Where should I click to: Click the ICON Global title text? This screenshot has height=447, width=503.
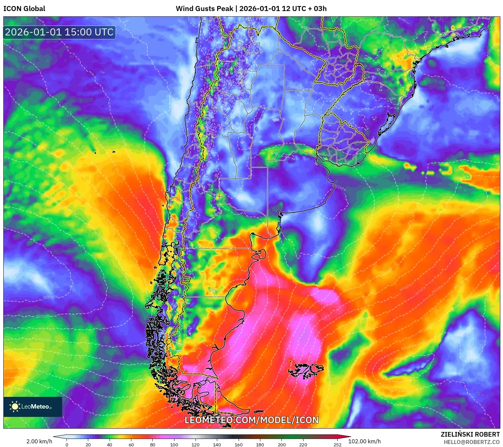(24, 9)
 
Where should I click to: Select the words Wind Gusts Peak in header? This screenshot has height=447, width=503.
(204, 9)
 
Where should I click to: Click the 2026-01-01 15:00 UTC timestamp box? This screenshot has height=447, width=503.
(59, 32)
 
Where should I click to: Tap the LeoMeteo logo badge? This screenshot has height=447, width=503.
(33, 407)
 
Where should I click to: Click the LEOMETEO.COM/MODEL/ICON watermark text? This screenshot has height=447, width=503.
(251, 420)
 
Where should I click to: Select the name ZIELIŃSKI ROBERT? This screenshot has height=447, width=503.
(470, 434)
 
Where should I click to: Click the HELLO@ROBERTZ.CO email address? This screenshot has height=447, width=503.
(471, 442)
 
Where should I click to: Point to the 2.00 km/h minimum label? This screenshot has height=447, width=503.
(39, 441)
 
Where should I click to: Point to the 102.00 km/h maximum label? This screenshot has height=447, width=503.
(364, 441)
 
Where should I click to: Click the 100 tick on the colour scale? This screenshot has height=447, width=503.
(174, 445)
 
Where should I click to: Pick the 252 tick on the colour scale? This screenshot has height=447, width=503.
(337, 445)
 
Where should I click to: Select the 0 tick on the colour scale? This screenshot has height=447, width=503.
(67, 445)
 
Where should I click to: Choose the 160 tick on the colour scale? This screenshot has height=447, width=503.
(238, 445)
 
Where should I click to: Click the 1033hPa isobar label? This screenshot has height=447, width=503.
(50, 297)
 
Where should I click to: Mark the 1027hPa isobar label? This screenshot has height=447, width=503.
(48, 340)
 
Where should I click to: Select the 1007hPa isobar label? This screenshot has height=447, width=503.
(293, 88)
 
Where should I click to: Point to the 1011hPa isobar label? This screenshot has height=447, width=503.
(340, 188)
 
